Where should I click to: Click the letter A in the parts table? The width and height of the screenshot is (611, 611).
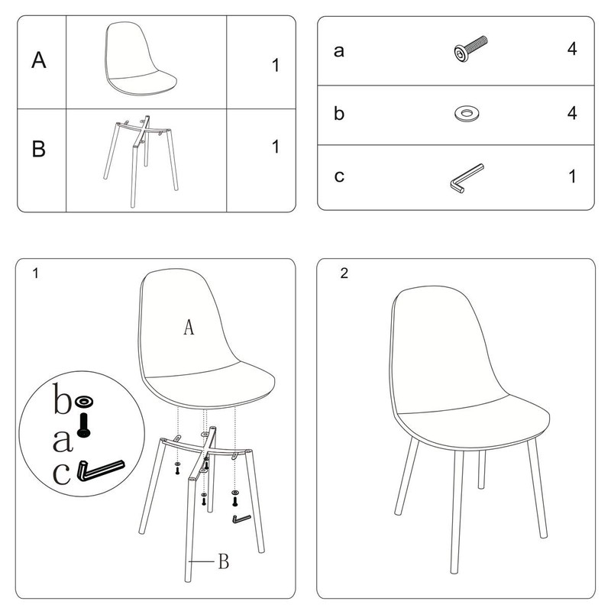[x=39, y=60]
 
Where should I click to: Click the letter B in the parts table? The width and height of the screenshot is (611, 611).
[x=39, y=149]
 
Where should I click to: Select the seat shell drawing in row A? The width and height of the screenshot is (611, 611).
[x=141, y=58]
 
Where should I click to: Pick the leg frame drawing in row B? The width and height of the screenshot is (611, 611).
[x=141, y=161]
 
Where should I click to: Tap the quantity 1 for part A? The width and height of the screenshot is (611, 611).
[x=276, y=65]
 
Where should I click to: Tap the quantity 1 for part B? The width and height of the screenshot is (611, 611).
[x=276, y=147]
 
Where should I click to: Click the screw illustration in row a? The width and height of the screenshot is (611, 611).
[x=470, y=48]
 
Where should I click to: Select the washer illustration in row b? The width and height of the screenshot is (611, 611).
[x=467, y=113]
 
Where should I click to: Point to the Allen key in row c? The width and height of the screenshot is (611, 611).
[x=467, y=178]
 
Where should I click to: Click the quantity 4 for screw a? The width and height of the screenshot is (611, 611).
[x=572, y=49]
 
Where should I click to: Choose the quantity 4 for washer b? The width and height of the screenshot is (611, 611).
[x=572, y=112]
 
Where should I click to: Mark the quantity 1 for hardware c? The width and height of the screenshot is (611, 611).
[x=572, y=176]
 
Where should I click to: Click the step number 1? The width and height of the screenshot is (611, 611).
[x=35, y=273]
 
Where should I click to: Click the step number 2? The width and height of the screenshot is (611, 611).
[x=344, y=273]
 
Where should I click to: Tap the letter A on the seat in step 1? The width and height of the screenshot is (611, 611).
[x=189, y=327]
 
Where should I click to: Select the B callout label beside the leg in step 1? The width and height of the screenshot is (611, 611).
[x=224, y=561]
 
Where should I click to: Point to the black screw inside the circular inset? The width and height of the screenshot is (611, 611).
[x=84, y=425]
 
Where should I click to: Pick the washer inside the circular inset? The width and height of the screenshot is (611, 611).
[x=84, y=401]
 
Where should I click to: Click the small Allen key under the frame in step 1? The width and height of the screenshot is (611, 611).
[x=241, y=519]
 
